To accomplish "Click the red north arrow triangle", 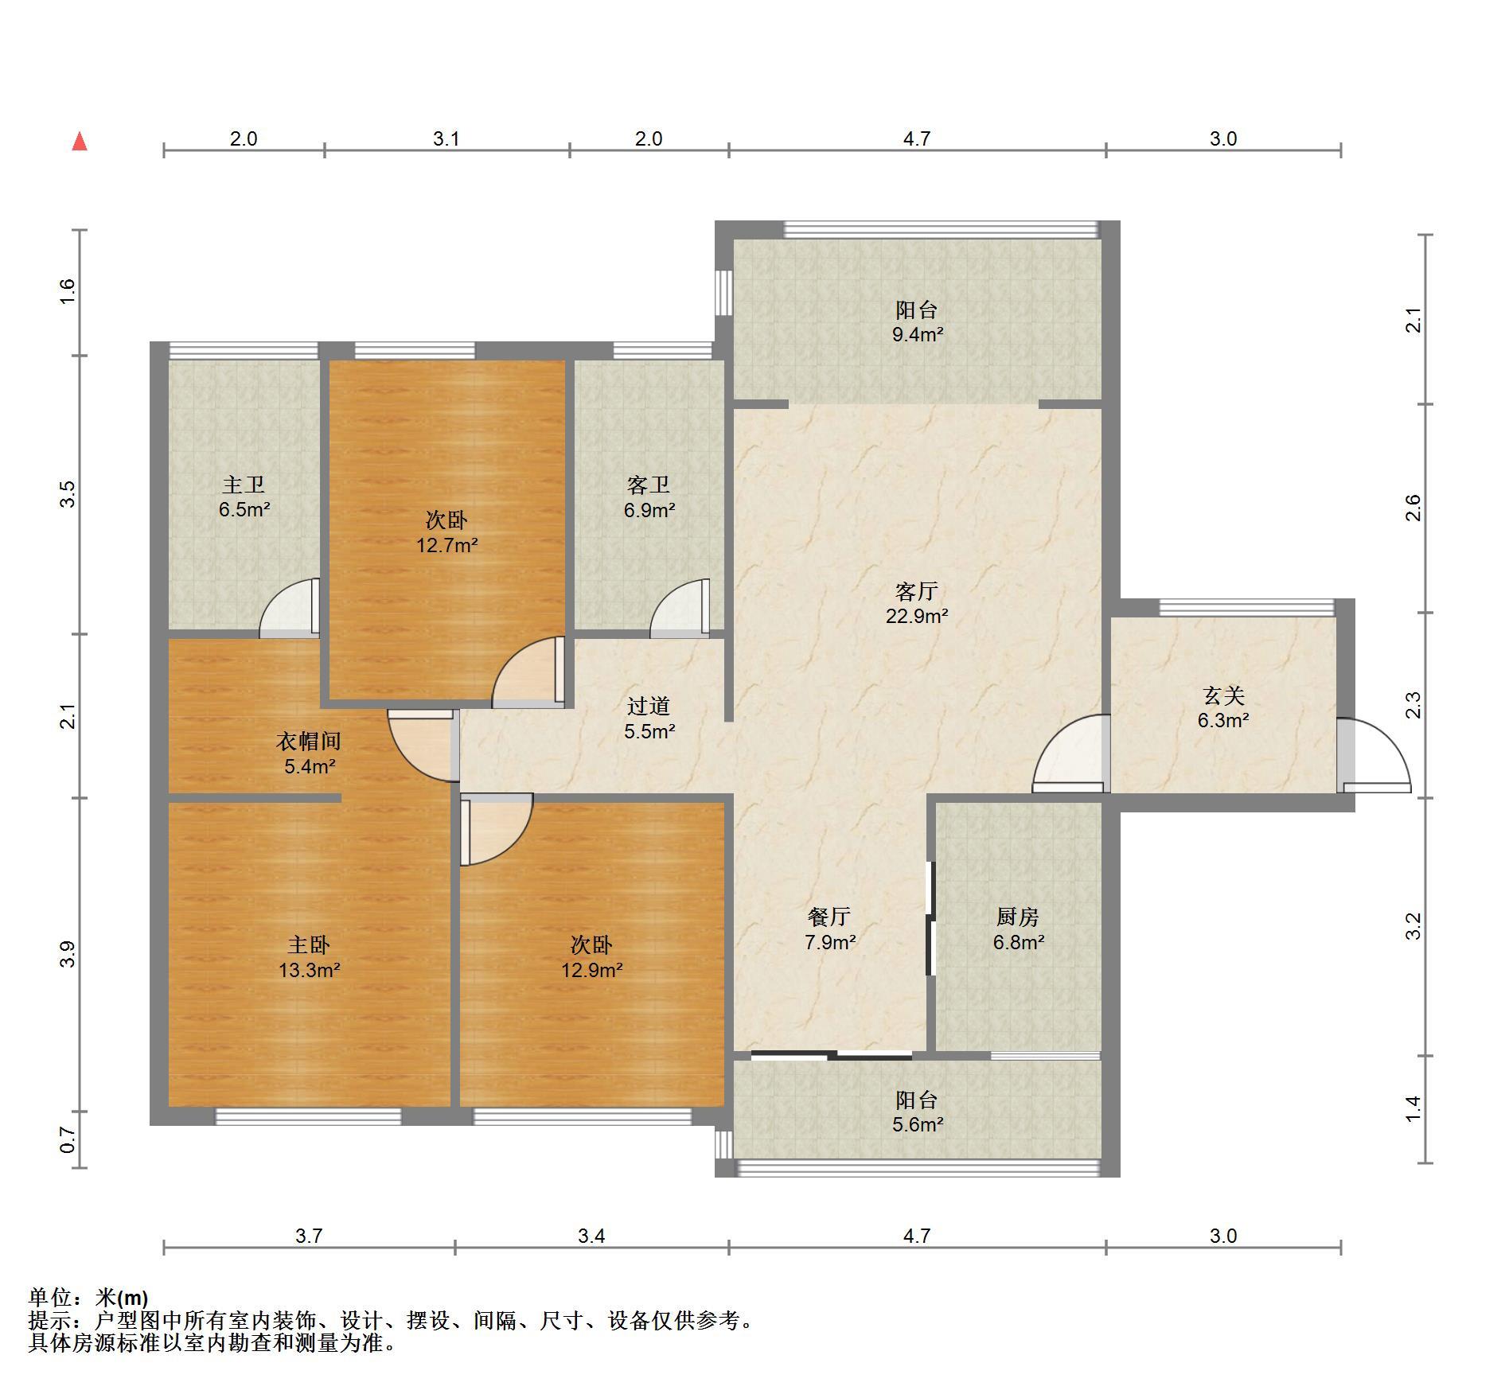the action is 80,142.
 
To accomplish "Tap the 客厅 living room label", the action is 917,591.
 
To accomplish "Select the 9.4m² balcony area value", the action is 917,335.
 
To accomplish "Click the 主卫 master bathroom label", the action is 244,485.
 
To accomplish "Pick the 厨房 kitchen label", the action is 1018,917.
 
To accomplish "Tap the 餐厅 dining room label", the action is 829,917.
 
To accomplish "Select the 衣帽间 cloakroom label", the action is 309,742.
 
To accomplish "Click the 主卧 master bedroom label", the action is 309,945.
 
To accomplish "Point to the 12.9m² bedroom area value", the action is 592,971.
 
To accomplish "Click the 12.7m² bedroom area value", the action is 447,546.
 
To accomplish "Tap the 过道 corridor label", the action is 649,706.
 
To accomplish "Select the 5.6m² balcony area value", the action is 917,1125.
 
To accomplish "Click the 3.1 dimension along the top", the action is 446,139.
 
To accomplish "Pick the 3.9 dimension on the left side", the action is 68,954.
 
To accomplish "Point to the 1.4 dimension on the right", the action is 1413,1109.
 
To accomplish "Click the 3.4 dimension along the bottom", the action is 591,1236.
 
